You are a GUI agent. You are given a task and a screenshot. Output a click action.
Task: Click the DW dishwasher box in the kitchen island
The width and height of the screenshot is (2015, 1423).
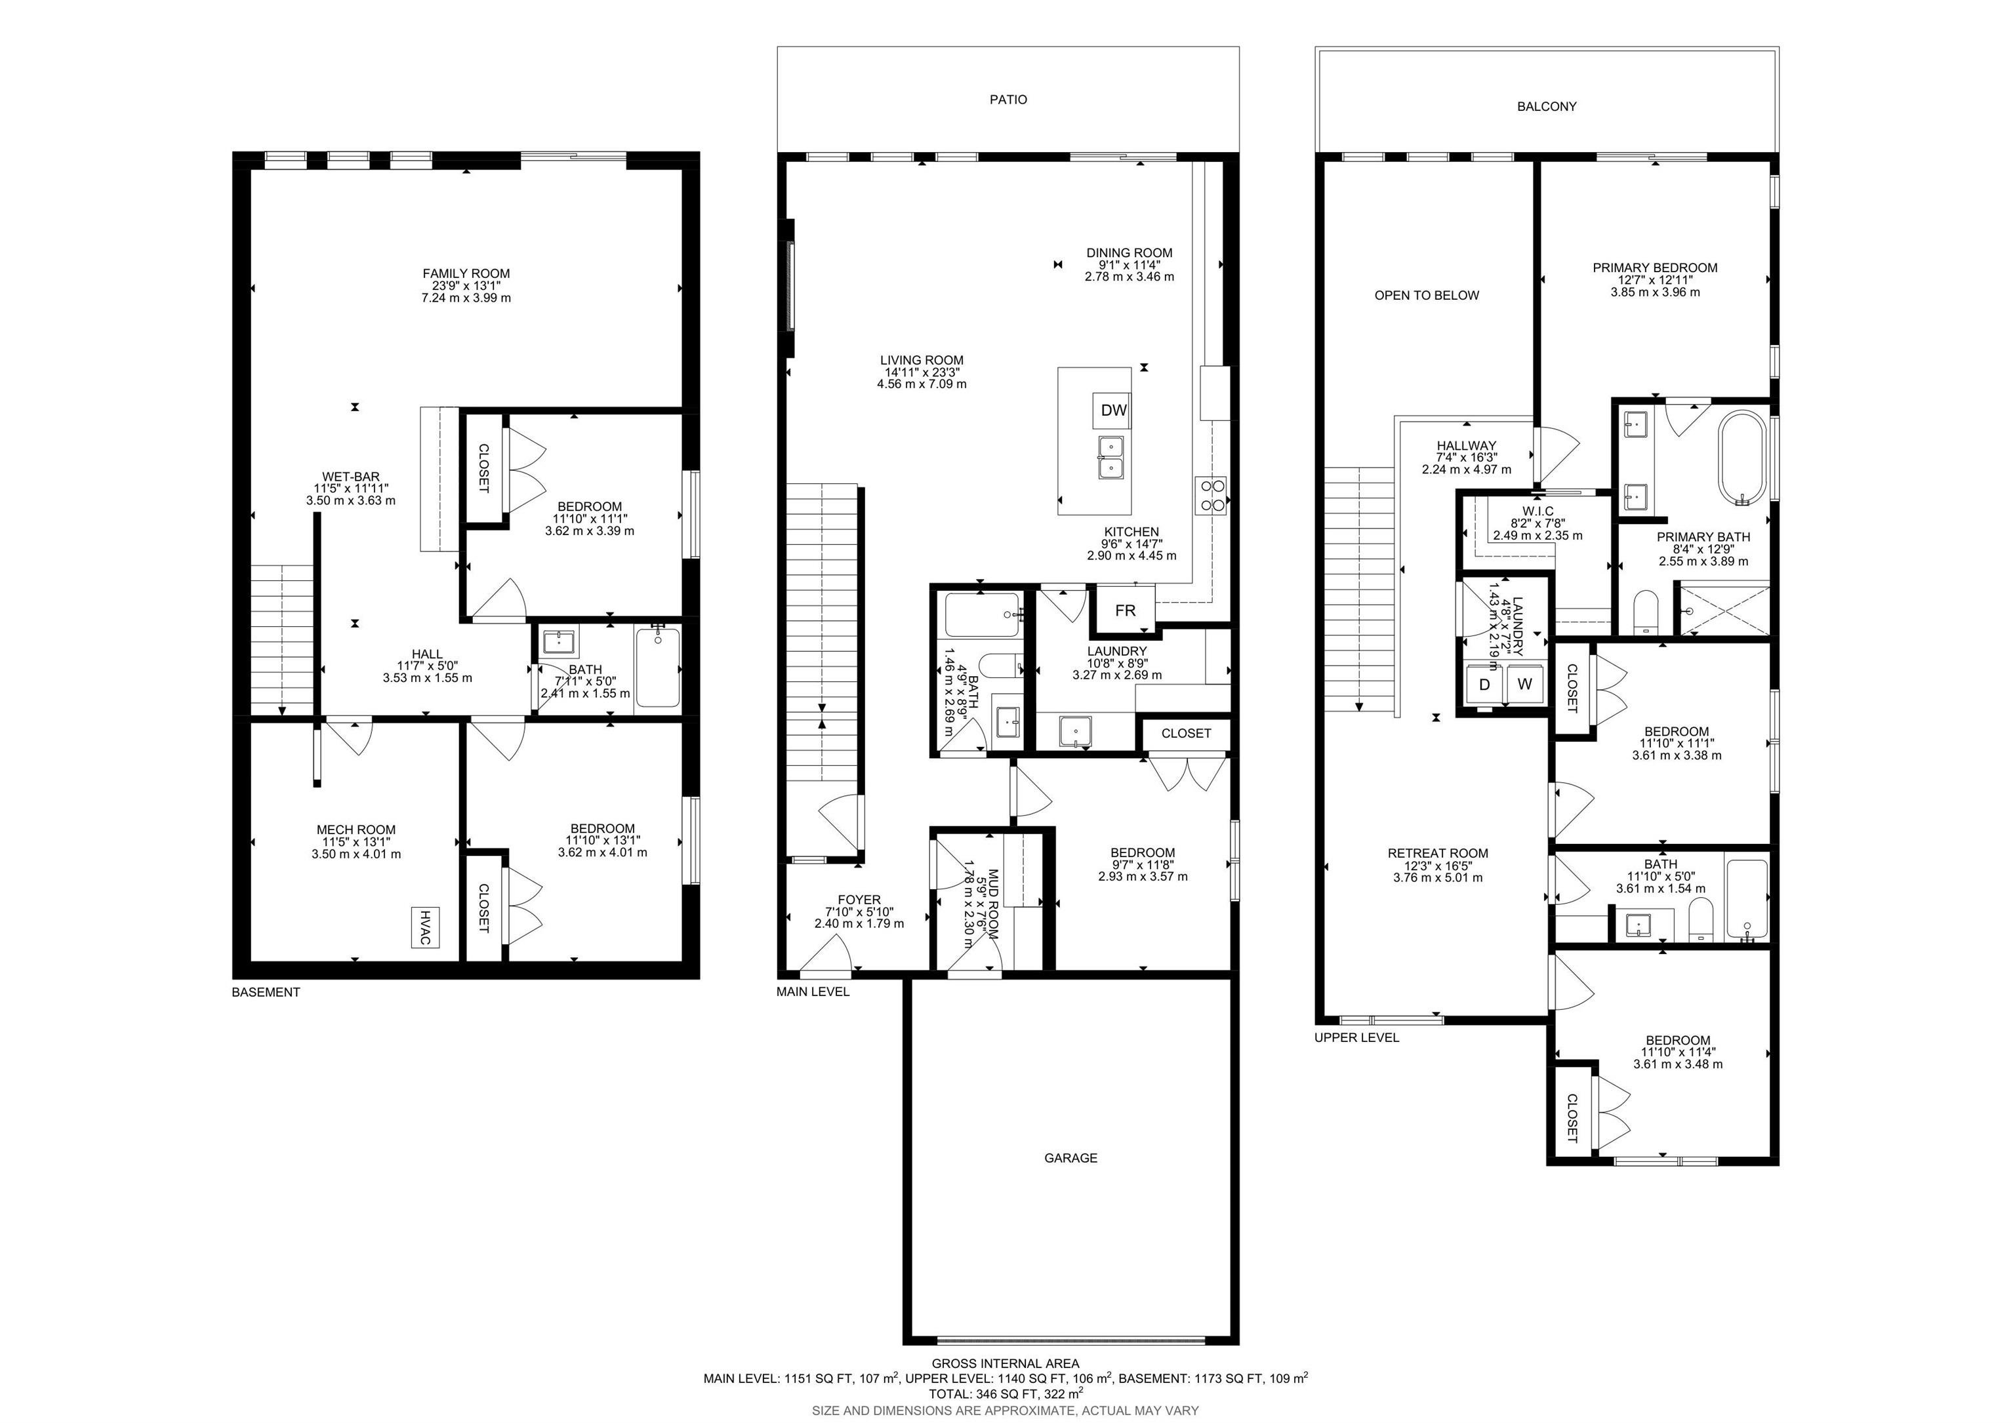pyautogui.click(x=1114, y=410)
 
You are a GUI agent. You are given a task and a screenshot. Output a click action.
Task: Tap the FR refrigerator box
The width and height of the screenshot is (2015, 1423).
pyautogui.click(x=1124, y=611)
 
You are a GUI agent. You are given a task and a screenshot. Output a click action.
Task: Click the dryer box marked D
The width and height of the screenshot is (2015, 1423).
pyautogui.click(x=1484, y=683)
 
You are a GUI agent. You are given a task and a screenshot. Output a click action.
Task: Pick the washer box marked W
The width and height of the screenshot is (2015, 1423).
pyautogui.click(x=1524, y=683)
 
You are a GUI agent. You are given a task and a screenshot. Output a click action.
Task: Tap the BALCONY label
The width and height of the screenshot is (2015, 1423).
pyautogui.click(x=1547, y=107)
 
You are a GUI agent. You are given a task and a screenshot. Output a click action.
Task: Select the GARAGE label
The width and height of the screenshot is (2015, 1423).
pyautogui.click(x=1070, y=1158)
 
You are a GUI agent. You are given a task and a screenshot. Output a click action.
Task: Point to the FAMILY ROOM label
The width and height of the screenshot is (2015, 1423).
pyautogui.click(x=466, y=273)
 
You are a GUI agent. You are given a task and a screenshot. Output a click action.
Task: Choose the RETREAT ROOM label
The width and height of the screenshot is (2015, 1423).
pyautogui.click(x=1438, y=852)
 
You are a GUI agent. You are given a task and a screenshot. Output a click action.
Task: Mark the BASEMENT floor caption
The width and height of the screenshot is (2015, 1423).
pyautogui.click(x=266, y=992)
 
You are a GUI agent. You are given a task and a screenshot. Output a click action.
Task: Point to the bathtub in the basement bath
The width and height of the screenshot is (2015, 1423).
pyautogui.click(x=657, y=668)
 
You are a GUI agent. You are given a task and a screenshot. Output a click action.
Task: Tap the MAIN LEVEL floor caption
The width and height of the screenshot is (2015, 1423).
pyautogui.click(x=813, y=992)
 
